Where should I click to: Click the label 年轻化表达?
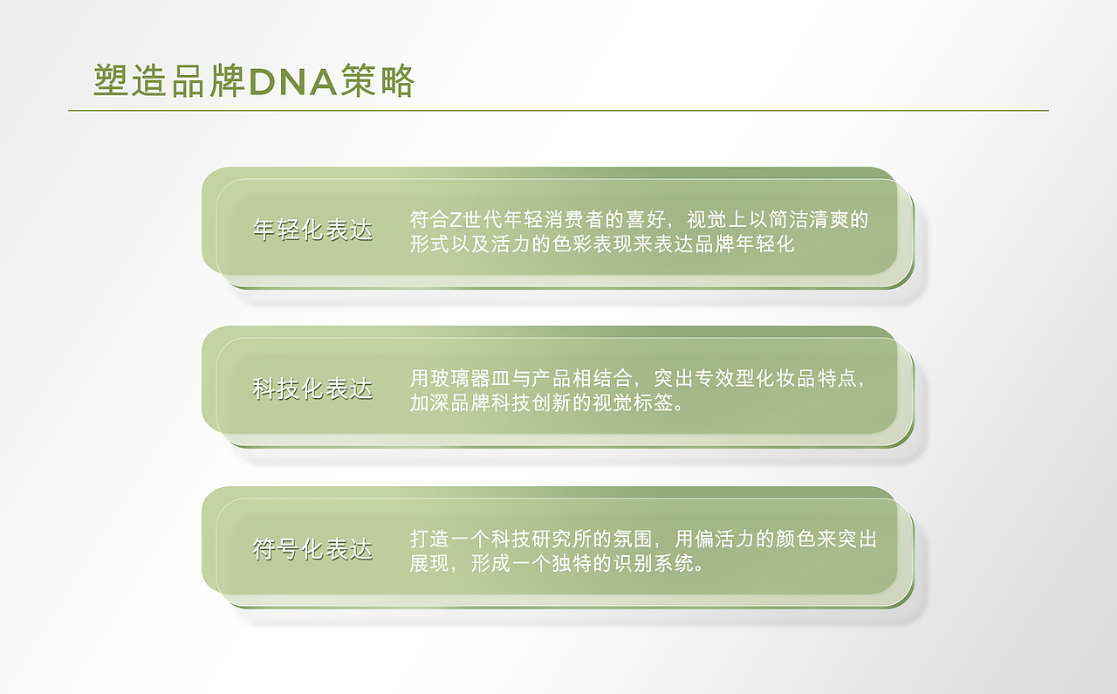312,230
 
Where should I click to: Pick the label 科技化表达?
312,389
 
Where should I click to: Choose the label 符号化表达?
312,550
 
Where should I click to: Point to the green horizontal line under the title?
558,111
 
